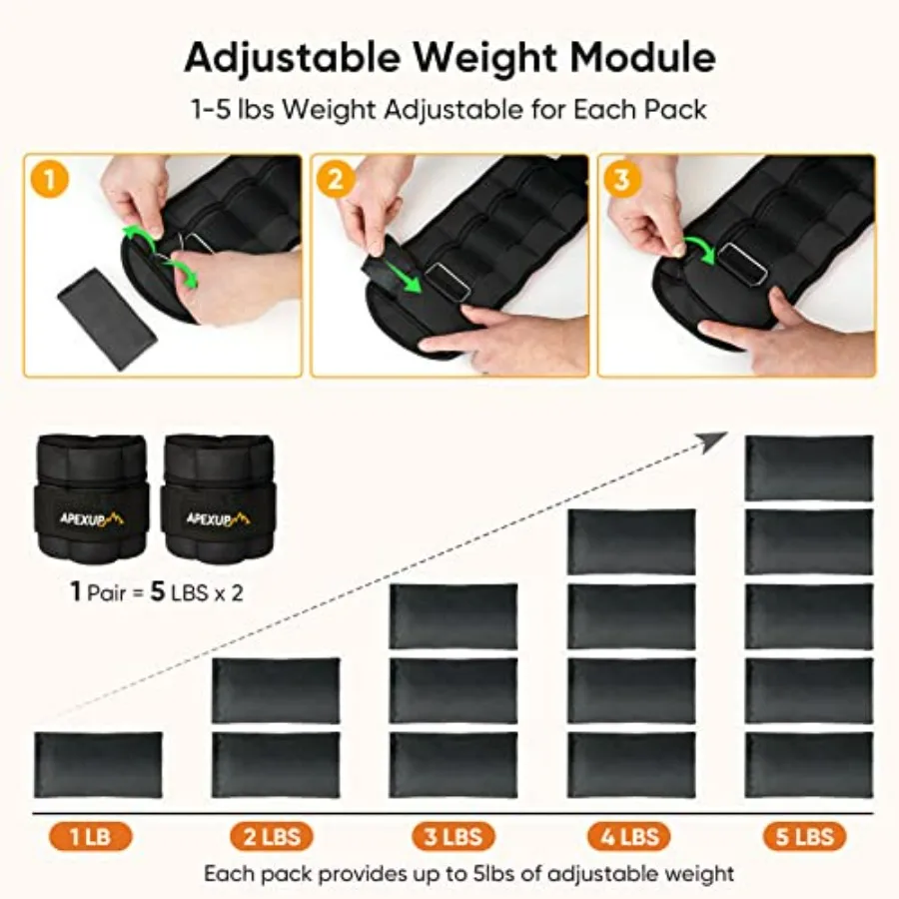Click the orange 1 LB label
point(91,835)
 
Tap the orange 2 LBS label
point(272,835)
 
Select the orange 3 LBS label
point(453,835)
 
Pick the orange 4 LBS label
point(629,835)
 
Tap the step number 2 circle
point(336,180)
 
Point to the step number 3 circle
point(623,180)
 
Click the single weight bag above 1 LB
point(98,765)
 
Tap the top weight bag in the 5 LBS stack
point(808,467)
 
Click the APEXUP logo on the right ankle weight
point(219,518)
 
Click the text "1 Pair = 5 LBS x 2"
point(157,591)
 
